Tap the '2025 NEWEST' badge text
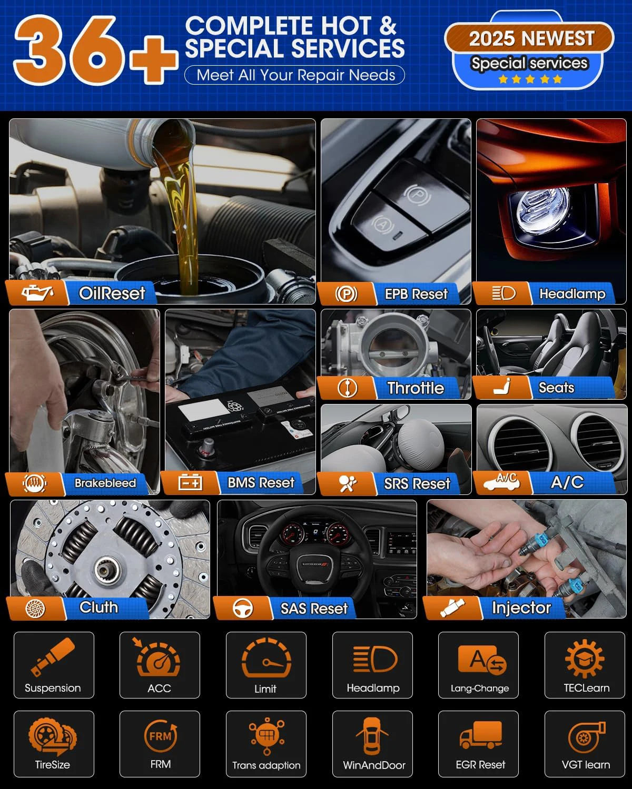[x=531, y=38]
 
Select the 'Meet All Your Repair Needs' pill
[x=294, y=75]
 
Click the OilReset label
[x=112, y=294]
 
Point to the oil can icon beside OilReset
[x=37, y=292]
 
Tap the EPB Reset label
[x=416, y=294]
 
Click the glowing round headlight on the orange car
[x=543, y=207]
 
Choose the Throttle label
[x=416, y=388]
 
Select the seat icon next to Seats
[x=502, y=386]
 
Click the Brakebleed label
[x=105, y=483]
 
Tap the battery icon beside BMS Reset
[x=190, y=482]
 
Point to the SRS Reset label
[x=417, y=483]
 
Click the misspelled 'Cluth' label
[x=99, y=607]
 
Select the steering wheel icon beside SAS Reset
[x=243, y=608]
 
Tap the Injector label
[x=521, y=608]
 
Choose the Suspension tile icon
[x=53, y=657]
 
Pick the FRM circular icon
[x=161, y=735]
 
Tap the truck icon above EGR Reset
[x=481, y=735]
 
